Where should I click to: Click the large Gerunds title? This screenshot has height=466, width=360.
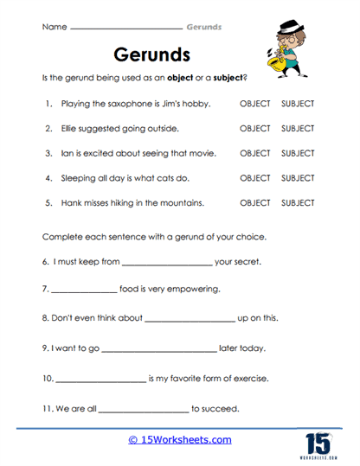(151, 55)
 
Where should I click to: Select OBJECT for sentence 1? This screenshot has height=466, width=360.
(254, 104)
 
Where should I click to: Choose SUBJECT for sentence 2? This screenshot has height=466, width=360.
(298, 129)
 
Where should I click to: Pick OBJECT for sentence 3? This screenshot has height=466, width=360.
(254, 153)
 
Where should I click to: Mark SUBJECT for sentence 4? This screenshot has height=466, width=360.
(298, 178)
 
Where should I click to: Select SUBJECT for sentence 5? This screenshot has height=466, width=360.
(298, 203)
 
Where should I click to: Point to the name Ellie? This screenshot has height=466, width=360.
(71, 129)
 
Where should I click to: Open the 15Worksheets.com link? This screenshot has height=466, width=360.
(180, 439)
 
